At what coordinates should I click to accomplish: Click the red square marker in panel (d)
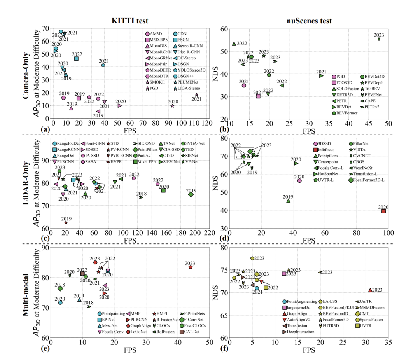pyautogui.click(x=383, y=211)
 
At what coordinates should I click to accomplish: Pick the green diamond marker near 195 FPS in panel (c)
pyautogui.click(x=191, y=194)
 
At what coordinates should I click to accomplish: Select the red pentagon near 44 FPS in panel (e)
pyautogui.click(x=191, y=267)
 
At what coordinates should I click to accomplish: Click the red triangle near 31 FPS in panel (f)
pyautogui.click(x=370, y=290)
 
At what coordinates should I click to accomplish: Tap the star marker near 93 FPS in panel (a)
pyautogui.click(x=172, y=106)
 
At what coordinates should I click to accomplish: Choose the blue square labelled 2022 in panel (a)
pyautogui.click(x=76, y=59)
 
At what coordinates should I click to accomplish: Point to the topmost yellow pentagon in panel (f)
pyautogui.click(x=252, y=258)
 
